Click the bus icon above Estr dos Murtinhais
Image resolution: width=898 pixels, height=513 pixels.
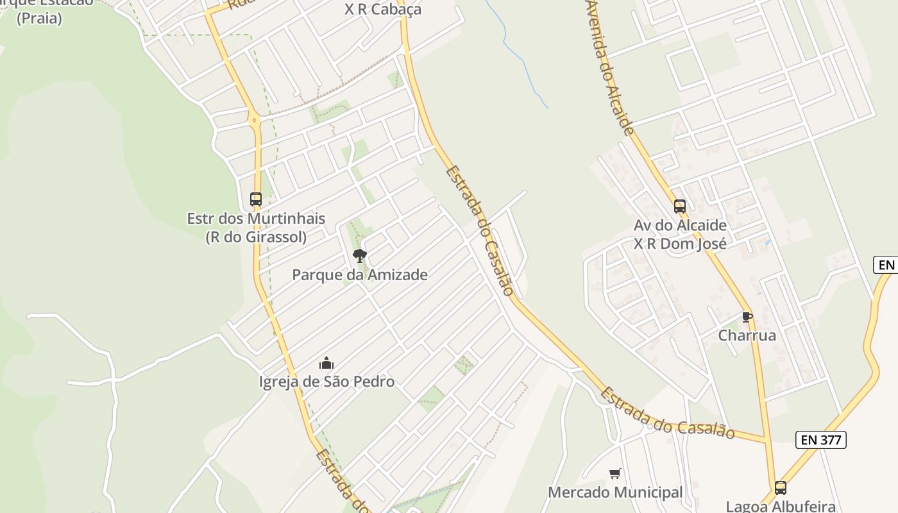pos(256,199)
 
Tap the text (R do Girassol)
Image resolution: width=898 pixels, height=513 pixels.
pos(255,237)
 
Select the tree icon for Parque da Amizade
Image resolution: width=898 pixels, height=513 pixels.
pos(360,256)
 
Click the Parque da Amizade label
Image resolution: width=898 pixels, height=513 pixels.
pos(360,275)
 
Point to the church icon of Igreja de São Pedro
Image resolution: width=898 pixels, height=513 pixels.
pos(326,364)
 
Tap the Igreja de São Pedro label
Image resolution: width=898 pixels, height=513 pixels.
pos(326,382)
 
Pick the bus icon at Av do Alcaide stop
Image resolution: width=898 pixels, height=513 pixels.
pos(680,206)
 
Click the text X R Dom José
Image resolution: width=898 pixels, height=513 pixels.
pos(680,244)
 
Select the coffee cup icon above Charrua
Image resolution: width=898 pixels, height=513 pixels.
pos(747,317)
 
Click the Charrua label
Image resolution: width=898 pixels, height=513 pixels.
pos(747,335)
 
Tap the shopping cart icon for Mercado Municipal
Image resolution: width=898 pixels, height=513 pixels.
pos(615,474)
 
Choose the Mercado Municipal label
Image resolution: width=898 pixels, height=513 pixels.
pos(615,492)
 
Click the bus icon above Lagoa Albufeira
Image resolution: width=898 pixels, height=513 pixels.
pos(780,487)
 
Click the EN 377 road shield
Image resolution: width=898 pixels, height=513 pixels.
pos(821,440)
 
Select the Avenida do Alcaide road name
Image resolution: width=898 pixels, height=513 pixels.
pos(609,67)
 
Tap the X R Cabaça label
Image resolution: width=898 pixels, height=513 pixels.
pos(383,10)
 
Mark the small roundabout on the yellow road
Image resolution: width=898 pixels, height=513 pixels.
pos(255,119)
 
